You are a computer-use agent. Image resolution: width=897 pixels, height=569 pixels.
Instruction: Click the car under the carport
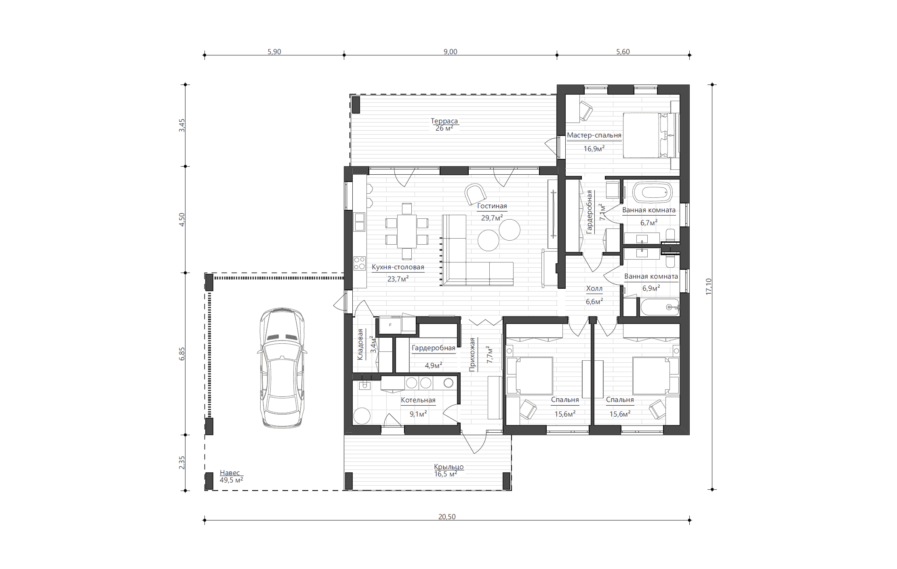pos(282,368)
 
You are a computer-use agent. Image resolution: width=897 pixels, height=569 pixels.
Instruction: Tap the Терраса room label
pos(444,121)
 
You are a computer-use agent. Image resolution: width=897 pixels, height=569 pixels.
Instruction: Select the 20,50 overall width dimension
pos(447,517)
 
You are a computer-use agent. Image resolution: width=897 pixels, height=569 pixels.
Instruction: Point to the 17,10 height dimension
pos(708,287)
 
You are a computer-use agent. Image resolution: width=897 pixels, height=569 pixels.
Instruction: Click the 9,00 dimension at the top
pos(450,52)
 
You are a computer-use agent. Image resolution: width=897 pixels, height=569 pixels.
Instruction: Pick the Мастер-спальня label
pos(594,135)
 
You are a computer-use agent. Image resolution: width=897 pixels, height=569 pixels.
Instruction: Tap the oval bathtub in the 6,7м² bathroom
pos(652,192)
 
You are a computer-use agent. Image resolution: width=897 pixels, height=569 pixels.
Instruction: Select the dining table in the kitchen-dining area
pos(407,231)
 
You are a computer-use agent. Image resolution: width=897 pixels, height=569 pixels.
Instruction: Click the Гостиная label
pos(492,206)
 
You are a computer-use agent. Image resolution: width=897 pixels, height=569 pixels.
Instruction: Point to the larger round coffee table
pos(510,230)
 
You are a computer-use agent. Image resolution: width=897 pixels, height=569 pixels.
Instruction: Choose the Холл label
pos(594,288)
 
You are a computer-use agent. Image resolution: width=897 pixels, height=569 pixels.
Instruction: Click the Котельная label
pos(418,400)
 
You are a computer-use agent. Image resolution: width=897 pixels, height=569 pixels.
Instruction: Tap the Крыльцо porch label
pos(448,467)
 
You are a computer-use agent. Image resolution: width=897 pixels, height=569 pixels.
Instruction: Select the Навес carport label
pos(230,473)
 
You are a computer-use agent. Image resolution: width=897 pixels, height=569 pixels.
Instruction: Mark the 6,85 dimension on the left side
pos(182,354)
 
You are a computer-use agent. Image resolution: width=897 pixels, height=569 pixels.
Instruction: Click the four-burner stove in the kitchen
pos(360,263)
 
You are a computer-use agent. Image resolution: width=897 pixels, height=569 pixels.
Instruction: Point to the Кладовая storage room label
pos(360,345)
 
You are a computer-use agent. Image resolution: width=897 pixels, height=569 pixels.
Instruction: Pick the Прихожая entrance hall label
pos(472,355)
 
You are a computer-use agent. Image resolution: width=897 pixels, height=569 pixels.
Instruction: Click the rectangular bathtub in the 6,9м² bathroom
pos(660,307)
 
